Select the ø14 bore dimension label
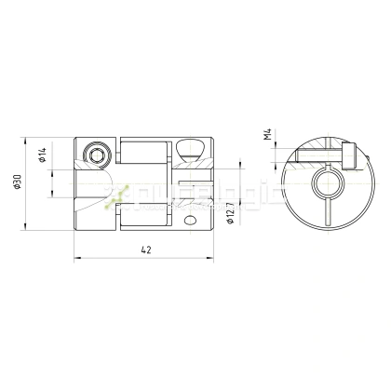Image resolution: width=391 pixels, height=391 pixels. point(44,156)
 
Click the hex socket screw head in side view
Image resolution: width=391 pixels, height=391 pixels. point(97,153)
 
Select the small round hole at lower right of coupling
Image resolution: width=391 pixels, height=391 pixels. point(191,221)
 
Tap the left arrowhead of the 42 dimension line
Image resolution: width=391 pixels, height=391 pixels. point(74,260)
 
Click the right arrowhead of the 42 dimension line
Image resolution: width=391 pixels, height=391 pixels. point(212,260)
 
